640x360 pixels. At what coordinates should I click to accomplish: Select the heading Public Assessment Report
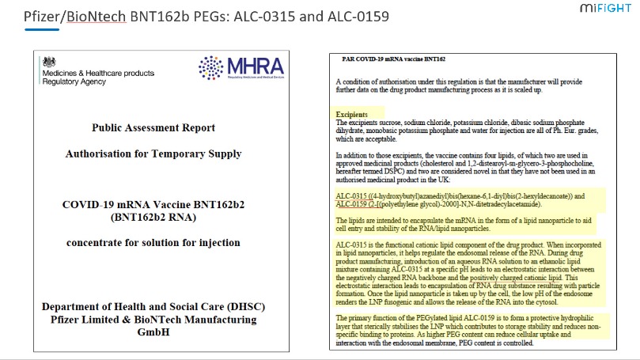(153, 127)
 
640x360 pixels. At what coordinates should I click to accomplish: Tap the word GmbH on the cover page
(153, 332)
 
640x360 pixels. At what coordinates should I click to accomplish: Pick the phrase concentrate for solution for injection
(153, 242)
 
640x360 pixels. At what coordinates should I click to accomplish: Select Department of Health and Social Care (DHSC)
(153, 307)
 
